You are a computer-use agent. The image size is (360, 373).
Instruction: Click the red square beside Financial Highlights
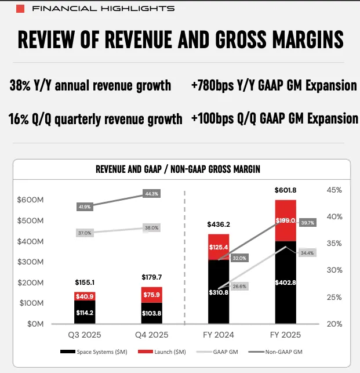pyautogui.click(x=21, y=9)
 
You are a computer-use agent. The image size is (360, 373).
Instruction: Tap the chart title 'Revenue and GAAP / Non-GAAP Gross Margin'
pyautogui.click(x=177, y=169)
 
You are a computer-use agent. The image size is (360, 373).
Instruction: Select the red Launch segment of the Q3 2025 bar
pyautogui.click(x=85, y=296)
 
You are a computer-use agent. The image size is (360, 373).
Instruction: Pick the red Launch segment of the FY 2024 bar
pyautogui.click(x=219, y=247)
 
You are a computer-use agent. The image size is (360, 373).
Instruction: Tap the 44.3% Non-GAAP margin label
pyautogui.click(x=152, y=193)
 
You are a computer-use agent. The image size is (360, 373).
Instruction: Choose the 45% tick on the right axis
pyautogui.click(x=334, y=190)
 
